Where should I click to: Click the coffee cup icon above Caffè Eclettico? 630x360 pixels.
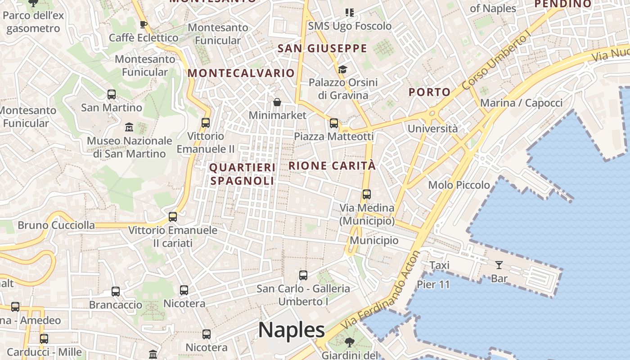coord(144,24)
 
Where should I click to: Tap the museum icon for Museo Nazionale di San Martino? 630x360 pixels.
coord(129,127)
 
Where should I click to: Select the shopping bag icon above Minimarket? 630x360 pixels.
coord(277,103)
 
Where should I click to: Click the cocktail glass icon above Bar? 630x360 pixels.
coord(499,265)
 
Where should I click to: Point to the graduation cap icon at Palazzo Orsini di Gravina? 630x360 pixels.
coord(342,69)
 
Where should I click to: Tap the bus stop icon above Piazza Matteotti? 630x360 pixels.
coord(334,123)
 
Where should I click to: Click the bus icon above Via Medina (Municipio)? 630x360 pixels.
coord(367,194)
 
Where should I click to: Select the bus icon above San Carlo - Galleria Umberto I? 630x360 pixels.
coord(303,275)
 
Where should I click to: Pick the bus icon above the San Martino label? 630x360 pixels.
coord(112,94)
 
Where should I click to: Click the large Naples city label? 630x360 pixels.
coord(292,330)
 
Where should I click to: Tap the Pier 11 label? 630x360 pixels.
coord(433,284)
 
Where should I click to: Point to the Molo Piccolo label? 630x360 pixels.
coord(459,185)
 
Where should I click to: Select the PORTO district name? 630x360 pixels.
coord(429,92)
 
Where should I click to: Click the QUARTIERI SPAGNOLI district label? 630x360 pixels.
coord(243,174)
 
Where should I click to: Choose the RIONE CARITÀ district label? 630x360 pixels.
coord(332,166)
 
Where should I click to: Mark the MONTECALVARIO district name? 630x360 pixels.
coord(241,73)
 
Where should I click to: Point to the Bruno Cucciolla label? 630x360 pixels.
coord(56,225)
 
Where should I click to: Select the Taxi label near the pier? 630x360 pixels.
coord(439,265)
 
